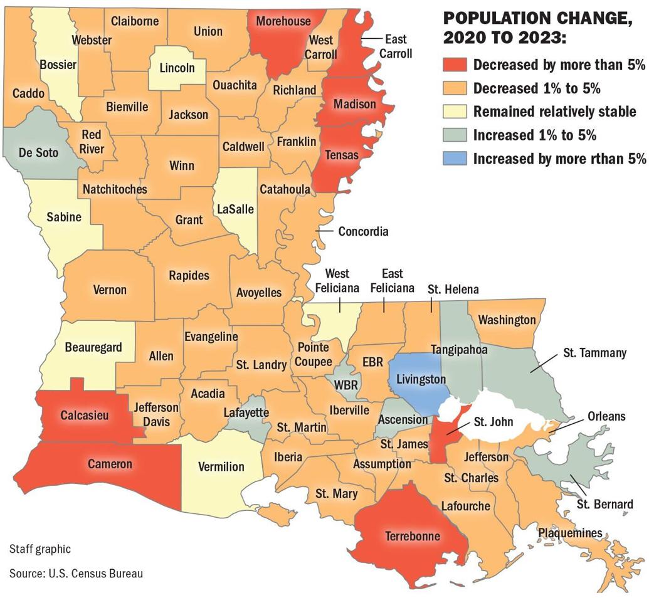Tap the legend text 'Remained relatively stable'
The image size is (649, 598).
pos(554,112)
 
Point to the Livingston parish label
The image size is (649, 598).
pos(416,379)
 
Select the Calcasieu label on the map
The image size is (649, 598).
pos(87,415)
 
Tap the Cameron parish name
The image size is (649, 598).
pos(110,464)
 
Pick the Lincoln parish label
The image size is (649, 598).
pos(177,68)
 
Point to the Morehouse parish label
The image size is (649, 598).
pos(283,21)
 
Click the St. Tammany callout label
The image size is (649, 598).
pos(594,353)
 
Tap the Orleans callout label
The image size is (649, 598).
pos(606,416)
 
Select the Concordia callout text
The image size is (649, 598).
pos(363,231)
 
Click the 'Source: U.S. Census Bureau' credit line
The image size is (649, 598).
pos(71,573)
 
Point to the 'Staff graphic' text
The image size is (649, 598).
pos(40,549)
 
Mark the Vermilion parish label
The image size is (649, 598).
pos(221,466)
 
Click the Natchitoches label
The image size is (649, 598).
pos(115,189)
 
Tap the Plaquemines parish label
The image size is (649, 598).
pos(570,533)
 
